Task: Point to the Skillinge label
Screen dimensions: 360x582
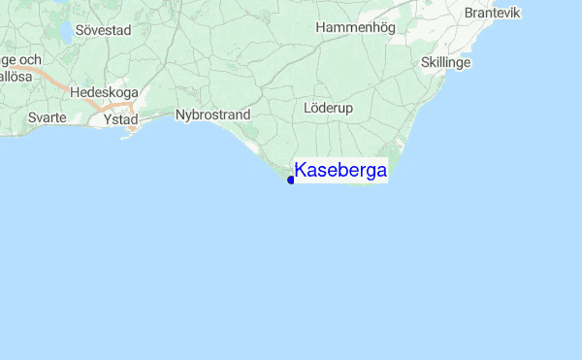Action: (446, 62)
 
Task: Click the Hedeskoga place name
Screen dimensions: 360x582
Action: (104, 94)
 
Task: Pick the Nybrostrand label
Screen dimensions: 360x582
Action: (212, 115)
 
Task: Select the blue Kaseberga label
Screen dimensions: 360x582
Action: (340, 172)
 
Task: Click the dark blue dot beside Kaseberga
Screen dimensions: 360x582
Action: (291, 180)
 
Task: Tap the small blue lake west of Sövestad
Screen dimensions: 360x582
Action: (65, 31)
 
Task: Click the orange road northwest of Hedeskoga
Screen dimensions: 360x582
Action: (58, 84)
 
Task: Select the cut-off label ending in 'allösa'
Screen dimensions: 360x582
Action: (17, 76)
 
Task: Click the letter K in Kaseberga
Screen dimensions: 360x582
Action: (302, 172)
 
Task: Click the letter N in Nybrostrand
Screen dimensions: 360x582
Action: (180, 115)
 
